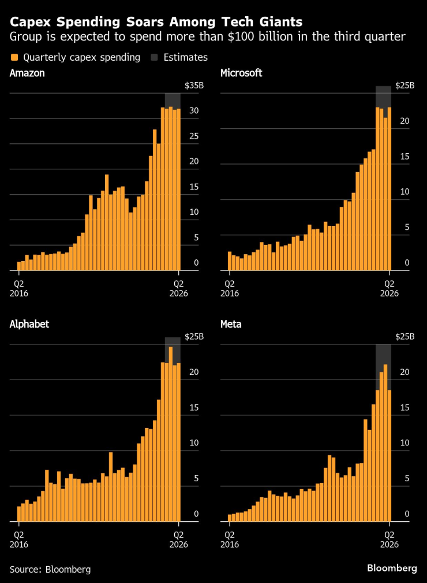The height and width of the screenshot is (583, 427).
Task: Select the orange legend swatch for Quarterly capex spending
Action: click(14, 57)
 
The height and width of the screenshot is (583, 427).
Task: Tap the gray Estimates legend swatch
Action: click(155, 57)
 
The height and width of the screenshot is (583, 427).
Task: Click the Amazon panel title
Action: click(27, 73)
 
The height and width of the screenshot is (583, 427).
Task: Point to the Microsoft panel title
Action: click(241, 73)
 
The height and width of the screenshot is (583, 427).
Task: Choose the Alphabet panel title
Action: click(29, 324)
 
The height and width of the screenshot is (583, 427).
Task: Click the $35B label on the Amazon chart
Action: click(194, 86)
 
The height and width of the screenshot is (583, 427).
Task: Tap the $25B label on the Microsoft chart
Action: click(404, 86)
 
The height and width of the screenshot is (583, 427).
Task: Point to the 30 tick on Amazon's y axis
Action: click(194, 111)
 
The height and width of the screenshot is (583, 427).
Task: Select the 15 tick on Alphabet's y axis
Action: click(194, 407)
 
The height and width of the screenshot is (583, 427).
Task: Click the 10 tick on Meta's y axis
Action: click(405, 443)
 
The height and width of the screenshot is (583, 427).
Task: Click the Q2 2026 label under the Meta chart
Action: click(389, 539)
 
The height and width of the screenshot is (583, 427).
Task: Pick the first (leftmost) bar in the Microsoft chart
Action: click(230, 261)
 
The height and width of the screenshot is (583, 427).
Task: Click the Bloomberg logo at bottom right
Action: click(392, 568)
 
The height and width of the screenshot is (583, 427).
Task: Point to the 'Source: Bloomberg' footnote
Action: click(50, 569)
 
